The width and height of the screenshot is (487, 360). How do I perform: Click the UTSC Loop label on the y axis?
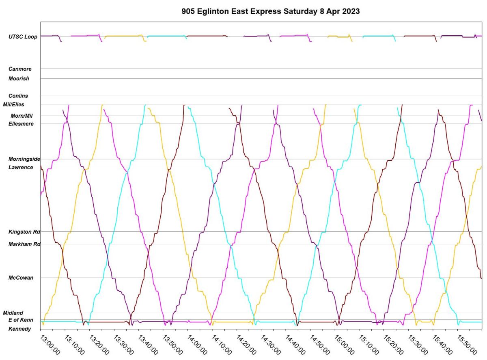coord(23,37)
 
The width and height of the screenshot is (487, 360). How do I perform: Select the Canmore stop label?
coord(20,69)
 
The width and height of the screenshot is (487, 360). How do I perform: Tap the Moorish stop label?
coord(19,78)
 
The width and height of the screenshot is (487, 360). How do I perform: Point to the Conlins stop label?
coord(18,96)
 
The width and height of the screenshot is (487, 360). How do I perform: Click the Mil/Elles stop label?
coord(13,104)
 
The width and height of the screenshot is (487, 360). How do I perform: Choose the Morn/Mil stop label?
coord(22,116)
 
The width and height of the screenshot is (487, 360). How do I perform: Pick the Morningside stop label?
coord(24,159)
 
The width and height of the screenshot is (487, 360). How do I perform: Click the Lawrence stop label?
coord(21,167)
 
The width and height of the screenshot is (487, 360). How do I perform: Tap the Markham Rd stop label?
coord(24,244)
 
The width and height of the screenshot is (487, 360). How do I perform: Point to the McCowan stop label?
coord(21,278)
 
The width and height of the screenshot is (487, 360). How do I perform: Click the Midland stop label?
coord(13,313)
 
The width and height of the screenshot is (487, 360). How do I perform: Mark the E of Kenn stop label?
coord(21,320)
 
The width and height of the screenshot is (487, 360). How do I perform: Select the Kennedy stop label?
coord(19,329)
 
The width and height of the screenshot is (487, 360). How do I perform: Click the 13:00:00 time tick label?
coord(50,344)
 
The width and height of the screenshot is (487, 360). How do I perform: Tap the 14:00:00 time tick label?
coord(197,344)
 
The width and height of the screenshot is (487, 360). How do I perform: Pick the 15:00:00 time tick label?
coord(344,344)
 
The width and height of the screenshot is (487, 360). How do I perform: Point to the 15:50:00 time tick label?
coord(467,344)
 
